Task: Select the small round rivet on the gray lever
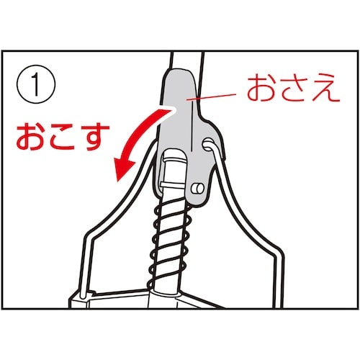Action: coord(198,189)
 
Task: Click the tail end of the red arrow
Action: coord(174,109)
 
